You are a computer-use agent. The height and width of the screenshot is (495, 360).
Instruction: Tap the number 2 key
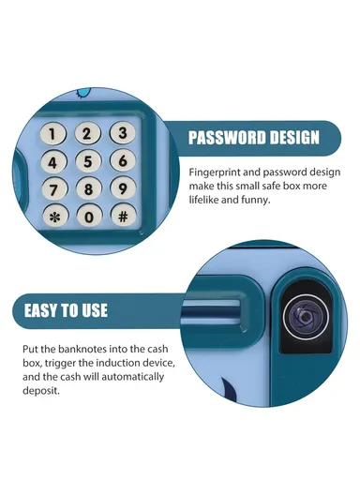87,134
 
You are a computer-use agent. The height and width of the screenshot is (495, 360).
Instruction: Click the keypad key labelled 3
123,132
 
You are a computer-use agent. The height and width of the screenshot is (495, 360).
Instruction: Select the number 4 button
53,162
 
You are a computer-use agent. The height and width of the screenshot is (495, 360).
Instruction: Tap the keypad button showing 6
123,160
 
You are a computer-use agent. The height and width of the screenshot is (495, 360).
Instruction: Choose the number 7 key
54,189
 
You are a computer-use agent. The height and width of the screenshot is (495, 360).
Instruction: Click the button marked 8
89,188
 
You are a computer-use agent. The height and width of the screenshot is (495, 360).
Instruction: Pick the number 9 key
123,188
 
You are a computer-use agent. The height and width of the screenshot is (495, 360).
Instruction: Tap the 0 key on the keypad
90,217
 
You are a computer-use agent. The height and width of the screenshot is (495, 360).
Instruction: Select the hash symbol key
124,216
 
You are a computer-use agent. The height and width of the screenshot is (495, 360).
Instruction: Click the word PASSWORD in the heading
228,138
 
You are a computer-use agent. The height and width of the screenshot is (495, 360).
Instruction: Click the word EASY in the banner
40,310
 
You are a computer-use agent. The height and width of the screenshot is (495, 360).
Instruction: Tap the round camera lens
306,317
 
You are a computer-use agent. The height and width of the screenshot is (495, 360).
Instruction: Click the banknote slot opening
211,311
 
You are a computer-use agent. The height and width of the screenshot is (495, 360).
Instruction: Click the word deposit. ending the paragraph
41,391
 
